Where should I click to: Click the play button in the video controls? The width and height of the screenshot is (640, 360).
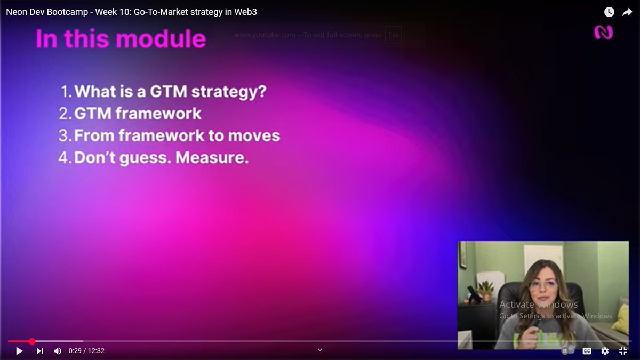(19, 351)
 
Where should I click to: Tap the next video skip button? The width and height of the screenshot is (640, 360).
(39, 351)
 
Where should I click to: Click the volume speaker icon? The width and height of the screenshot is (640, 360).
(58, 351)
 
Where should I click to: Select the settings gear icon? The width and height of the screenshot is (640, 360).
(605, 351)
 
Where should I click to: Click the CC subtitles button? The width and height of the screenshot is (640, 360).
(587, 351)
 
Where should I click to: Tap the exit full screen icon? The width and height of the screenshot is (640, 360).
(622, 351)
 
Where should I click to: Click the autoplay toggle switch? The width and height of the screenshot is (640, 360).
(567, 351)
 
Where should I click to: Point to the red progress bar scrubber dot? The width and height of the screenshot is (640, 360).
(32, 341)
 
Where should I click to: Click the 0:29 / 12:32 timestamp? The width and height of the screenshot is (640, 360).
(86, 351)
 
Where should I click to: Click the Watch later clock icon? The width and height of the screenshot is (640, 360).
(609, 12)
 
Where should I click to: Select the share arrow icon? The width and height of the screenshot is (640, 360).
(627, 12)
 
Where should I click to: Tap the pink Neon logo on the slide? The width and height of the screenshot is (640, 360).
(603, 33)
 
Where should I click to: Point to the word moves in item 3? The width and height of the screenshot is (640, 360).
(254, 135)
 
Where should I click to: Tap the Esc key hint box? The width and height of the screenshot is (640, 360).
(393, 35)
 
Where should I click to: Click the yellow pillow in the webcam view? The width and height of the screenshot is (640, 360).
(621, 318)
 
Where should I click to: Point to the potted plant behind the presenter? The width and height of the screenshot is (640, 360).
(485, 291)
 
